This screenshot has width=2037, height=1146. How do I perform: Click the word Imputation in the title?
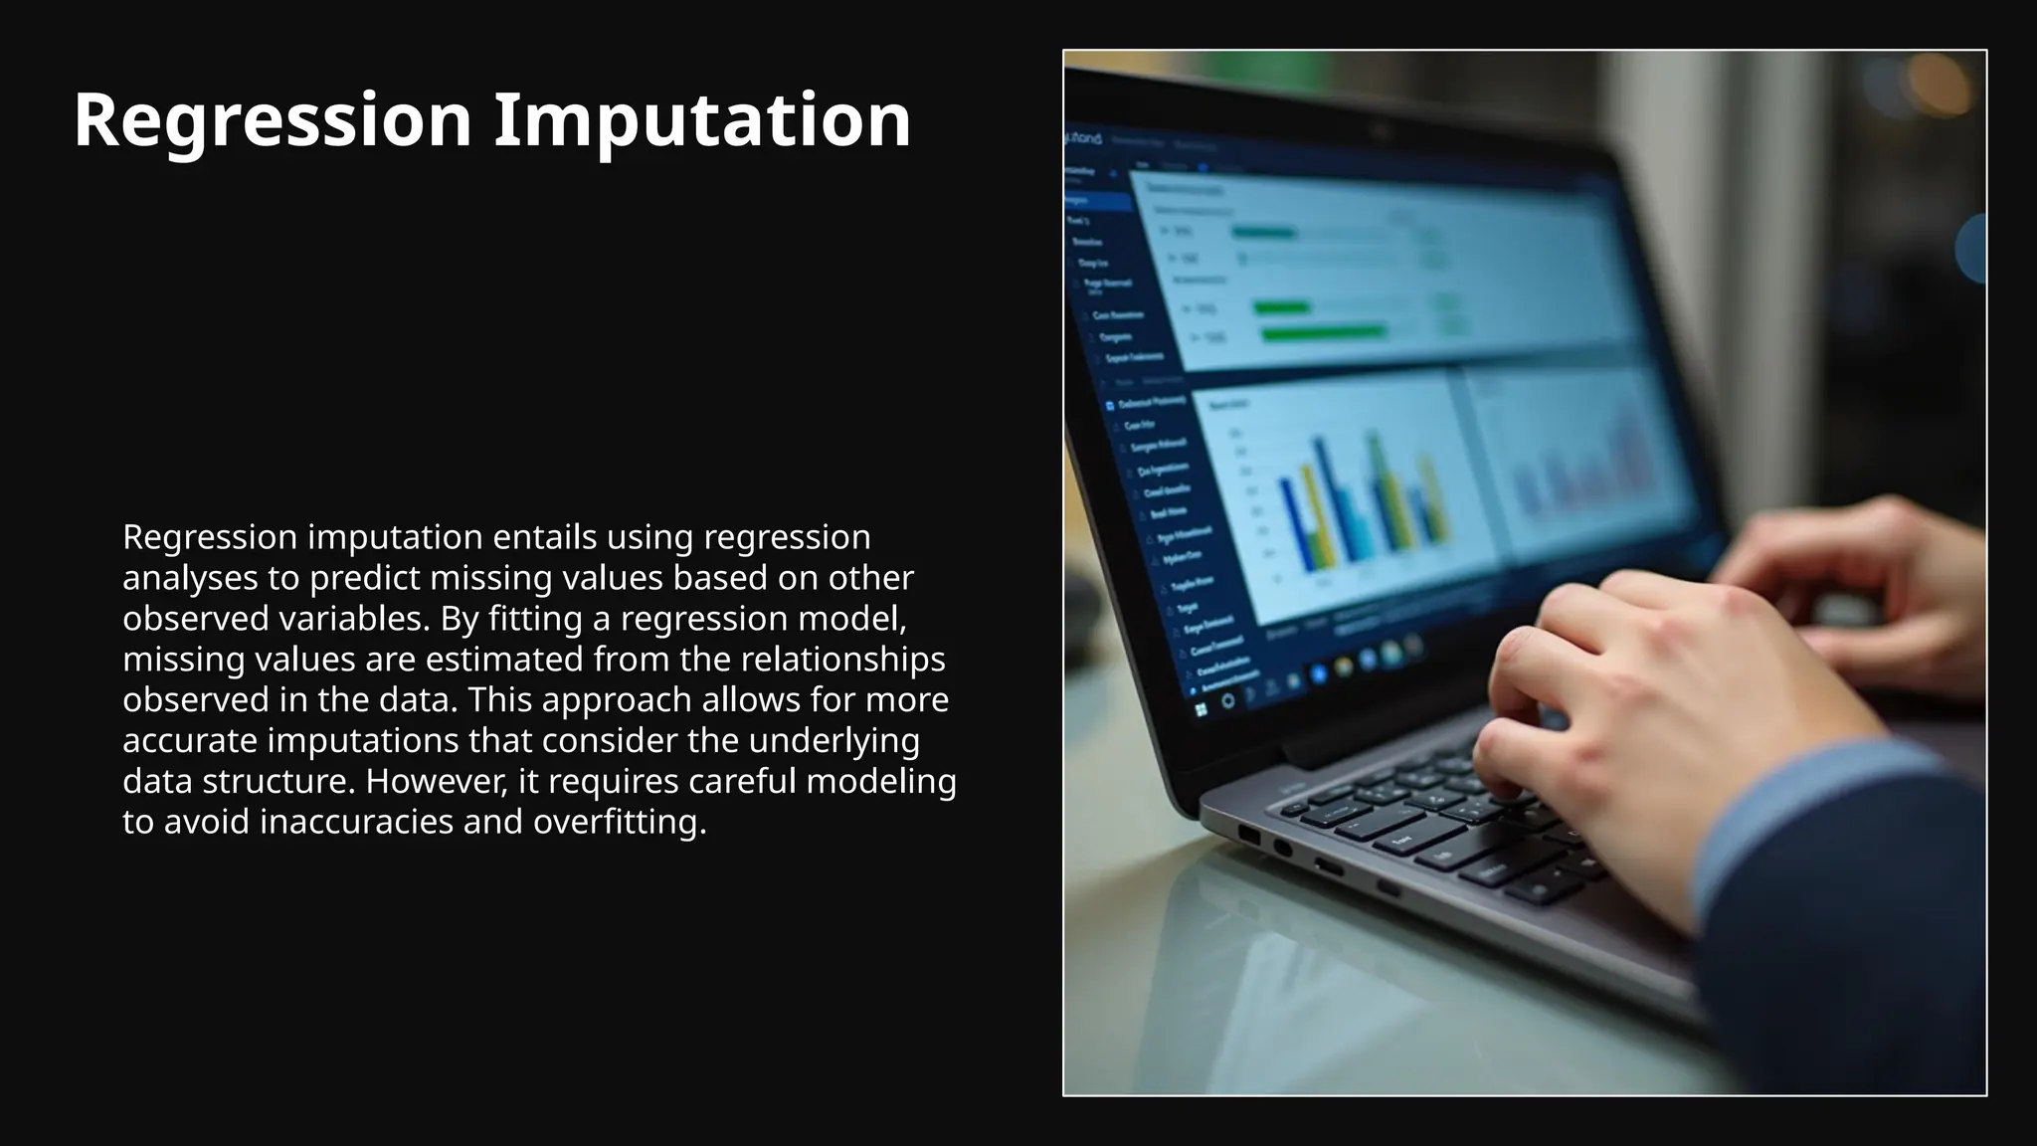702,120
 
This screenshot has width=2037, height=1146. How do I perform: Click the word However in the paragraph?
432,782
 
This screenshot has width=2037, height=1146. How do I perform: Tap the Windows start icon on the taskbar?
1202,709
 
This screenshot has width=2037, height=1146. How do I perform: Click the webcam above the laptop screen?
1381,130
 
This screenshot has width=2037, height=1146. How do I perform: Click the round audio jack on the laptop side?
1283,848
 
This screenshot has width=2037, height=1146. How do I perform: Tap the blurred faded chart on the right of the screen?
1581,468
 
